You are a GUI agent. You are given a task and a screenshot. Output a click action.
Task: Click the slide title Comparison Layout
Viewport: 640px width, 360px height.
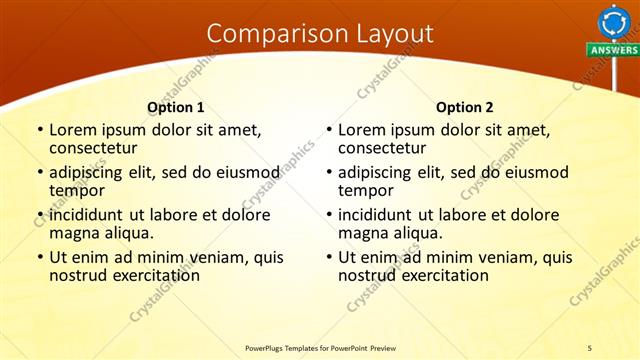320,34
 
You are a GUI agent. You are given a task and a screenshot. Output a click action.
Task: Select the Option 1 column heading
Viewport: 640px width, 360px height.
176,107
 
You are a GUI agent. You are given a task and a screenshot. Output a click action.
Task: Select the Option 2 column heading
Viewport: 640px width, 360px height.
465,107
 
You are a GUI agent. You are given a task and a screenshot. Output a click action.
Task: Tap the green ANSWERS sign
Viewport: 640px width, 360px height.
613,50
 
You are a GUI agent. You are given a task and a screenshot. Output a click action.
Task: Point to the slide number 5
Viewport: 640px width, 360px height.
589,347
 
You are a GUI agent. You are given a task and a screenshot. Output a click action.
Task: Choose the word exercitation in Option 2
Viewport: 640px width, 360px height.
441,275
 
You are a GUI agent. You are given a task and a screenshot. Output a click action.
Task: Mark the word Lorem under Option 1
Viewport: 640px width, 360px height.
74,130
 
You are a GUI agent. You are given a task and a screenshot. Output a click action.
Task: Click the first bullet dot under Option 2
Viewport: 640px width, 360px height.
329,130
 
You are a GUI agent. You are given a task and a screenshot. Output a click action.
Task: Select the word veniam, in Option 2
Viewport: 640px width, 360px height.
509,257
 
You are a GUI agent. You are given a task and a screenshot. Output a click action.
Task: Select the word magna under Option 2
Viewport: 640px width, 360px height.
363,233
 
